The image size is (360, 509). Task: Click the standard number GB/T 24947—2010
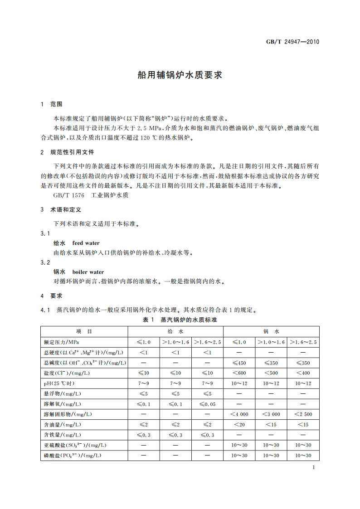point(292,42)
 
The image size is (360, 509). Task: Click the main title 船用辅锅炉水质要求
point(180,75)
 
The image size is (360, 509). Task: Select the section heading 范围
point(56,104)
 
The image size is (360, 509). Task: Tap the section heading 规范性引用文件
point(72,152)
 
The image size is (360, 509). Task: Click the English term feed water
point(86,243)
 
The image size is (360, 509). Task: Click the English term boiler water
point(88,272)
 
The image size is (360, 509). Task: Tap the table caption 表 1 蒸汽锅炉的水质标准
point(180,320)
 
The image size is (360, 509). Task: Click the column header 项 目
point(84,332)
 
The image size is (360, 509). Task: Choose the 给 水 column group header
point(175,332)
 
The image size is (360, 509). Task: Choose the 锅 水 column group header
point(271,332)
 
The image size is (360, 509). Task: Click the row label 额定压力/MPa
point(62,342)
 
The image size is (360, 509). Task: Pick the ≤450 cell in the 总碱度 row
point(239,363)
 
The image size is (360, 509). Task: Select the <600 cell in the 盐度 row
point(239,373)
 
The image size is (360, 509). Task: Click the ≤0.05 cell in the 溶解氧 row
point(207,404)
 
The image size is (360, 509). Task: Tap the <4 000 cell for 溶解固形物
point(239,414)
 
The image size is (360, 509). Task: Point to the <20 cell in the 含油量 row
point(239,425)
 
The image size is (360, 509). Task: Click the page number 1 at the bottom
point(314,468)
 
